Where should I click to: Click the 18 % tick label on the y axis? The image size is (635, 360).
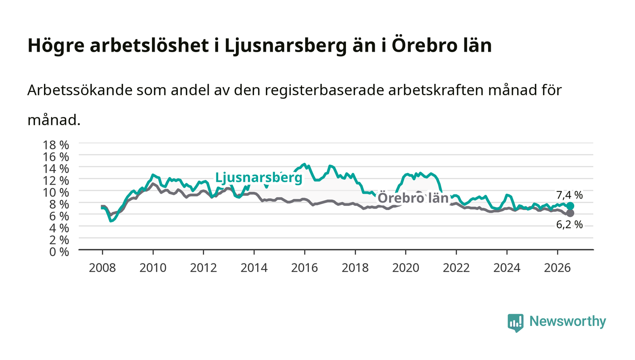coord(55,145)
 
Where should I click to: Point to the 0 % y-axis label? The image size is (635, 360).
coord(59,252)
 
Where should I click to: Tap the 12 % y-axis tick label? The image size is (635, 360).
coord(55,180)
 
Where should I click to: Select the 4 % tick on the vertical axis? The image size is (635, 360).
coord(59,228)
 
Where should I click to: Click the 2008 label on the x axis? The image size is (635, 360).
coord(103,268)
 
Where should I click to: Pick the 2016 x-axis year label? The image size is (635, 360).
coord(304,268)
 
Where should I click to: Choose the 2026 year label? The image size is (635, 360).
coord(557,268)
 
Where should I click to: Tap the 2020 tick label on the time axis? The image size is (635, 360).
coord(405,268)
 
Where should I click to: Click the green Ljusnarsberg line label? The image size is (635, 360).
coord(259,178)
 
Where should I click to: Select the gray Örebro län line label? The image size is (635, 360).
coord(413,198)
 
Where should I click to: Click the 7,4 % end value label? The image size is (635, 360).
coord(570,195)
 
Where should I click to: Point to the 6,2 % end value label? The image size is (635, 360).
coord(570,225)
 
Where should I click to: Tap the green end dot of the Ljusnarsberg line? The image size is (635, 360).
coord(570,206)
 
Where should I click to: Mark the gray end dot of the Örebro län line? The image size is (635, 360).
coord(570,213)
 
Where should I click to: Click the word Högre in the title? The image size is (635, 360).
coord(56,46)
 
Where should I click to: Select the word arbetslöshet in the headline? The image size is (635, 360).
coord(149,45)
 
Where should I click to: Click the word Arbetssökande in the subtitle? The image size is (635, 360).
coord(80,90)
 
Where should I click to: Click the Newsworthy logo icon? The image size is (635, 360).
coord(515,323)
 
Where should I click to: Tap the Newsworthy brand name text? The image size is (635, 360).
coord(568,321)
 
